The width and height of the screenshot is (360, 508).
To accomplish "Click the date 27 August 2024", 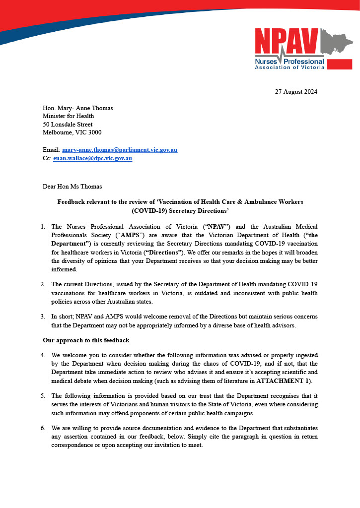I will (x=296, y=92).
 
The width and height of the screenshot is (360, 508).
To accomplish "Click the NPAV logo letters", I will (x=287, y=41).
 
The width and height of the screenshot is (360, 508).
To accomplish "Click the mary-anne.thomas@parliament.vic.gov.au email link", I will (x=120, y=150).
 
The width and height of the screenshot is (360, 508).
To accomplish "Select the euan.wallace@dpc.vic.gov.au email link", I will (x=92, y=158).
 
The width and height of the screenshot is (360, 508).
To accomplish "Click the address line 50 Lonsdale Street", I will (x=68, y=125).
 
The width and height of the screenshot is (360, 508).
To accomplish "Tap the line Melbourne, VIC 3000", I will (x=72, y=132).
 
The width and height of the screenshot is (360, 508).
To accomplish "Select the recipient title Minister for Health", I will (x=69, y=116).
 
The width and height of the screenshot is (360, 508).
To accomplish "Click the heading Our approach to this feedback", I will (x=86, y=340).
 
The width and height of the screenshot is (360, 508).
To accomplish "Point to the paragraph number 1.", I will (x=43, y=227).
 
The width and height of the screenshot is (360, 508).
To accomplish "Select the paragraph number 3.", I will (x=43, y=316).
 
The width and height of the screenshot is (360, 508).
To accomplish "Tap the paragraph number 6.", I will (x=43, y=428).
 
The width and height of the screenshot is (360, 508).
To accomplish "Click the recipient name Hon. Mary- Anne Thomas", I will (x=78, y=108).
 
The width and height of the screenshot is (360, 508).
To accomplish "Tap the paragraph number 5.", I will (x=43, y=395).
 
